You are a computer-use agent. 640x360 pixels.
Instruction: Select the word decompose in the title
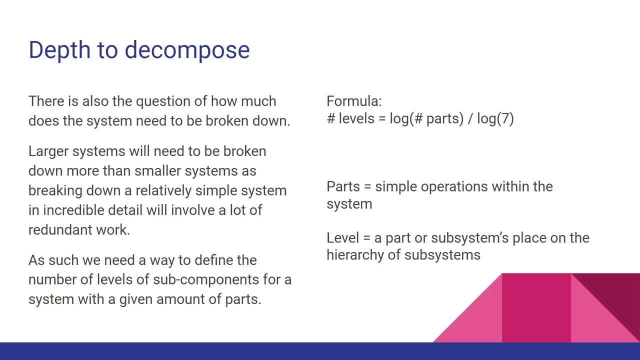(187, 50)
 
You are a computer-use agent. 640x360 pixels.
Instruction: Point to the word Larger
(48, 151)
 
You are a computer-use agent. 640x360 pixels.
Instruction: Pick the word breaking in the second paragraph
(55, 191)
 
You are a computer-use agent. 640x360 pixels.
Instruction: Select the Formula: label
(354, 101)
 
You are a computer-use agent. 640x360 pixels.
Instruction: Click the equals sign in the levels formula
(382, 119)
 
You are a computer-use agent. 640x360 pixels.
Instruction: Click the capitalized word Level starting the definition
(342, 238)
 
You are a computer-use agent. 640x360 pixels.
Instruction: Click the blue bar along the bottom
(320, 351)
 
